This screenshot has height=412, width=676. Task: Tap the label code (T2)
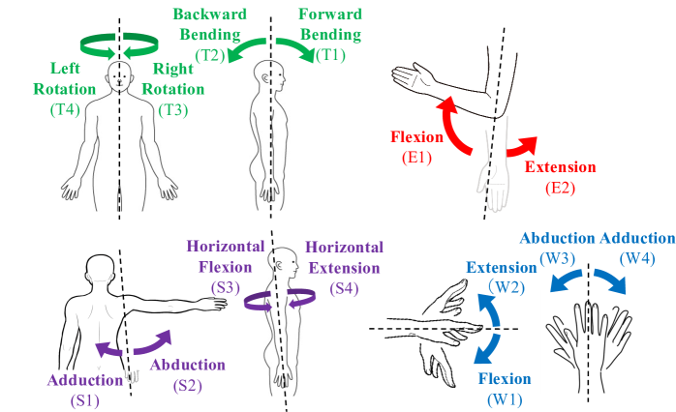(210, 56)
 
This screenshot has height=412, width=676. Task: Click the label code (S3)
(227, 288)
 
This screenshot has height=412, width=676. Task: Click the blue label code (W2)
(508, 286)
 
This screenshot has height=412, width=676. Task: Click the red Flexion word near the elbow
(415, 137)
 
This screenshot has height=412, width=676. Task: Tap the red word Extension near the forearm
(561, 166)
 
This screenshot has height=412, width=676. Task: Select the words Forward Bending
(330, 25)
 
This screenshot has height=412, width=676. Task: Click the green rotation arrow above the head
(118, 43)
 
